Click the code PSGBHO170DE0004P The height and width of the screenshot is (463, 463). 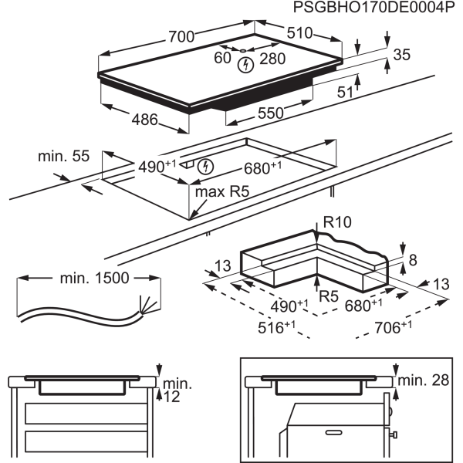(373, 7)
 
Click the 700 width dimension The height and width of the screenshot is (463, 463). (181, 36)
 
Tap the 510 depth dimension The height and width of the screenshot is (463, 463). (299, 32)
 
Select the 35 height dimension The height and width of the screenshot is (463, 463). (402, 55)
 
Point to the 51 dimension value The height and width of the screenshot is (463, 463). (345, 93)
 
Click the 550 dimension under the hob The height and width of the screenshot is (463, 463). (271, 113)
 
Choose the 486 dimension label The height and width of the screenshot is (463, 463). (145, 120)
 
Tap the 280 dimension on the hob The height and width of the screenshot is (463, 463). (272, 59)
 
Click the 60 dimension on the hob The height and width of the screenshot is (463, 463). (222, 58)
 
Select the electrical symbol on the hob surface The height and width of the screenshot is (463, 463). (245, 65)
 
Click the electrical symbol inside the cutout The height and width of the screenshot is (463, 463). (205, 167)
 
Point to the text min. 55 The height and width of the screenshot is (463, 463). (63, 156)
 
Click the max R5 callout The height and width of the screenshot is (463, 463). (222, 191)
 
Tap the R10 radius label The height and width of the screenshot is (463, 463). (337, 222)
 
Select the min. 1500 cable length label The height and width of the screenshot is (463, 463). (94, 278)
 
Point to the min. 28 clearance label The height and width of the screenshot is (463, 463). (424, 380)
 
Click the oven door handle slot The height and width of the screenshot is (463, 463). (333, 433)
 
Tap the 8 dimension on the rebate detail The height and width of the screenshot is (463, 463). (413, 260)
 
